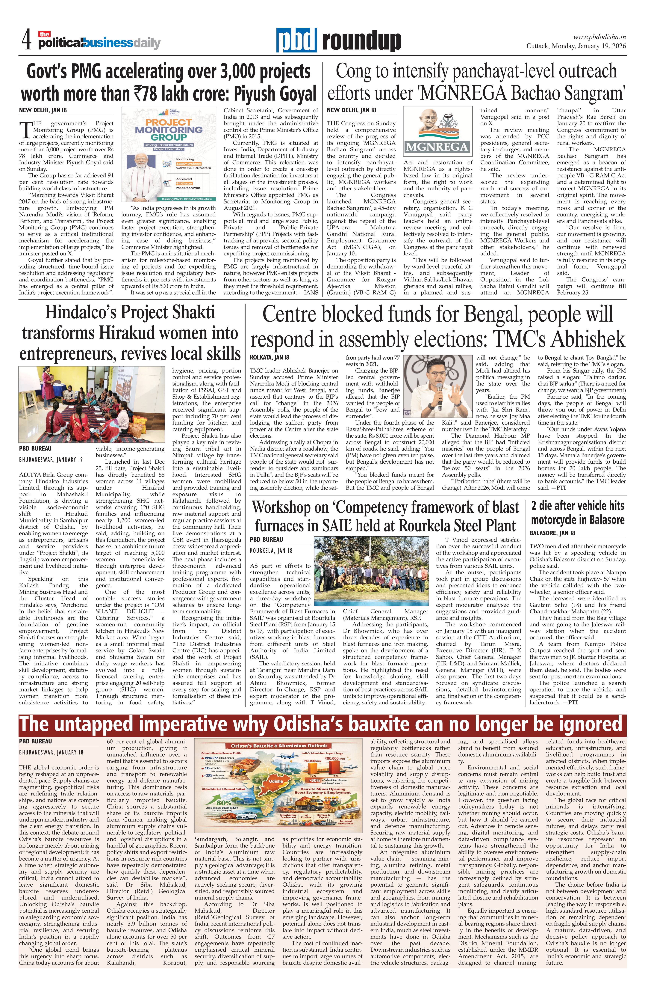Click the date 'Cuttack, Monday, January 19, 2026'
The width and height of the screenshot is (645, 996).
pos(576,46)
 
